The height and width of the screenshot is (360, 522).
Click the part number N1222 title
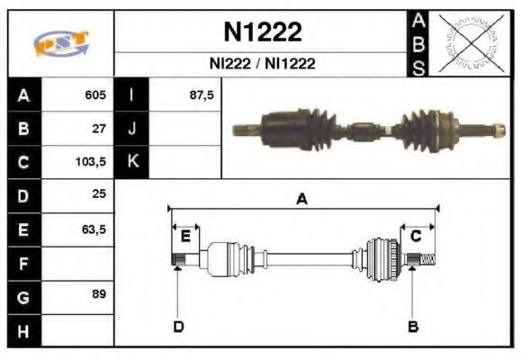tap(262, 32)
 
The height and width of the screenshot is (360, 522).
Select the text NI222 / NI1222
tap(262, 65)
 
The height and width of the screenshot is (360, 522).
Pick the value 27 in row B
tap(99, 129)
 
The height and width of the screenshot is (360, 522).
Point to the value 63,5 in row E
tap(94, 229)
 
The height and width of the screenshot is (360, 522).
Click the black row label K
tap(132, 163)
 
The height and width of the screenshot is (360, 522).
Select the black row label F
tap(23, 264)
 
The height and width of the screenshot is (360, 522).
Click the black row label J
tap(132, 129)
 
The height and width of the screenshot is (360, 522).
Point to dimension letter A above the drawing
tap(302, 200)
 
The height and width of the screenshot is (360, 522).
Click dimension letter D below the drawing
tap(178, 326)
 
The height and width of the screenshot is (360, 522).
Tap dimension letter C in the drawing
tap(416, 236)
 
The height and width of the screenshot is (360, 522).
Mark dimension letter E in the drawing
tap(185, 236)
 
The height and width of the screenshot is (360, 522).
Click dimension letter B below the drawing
tap(413, 326)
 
